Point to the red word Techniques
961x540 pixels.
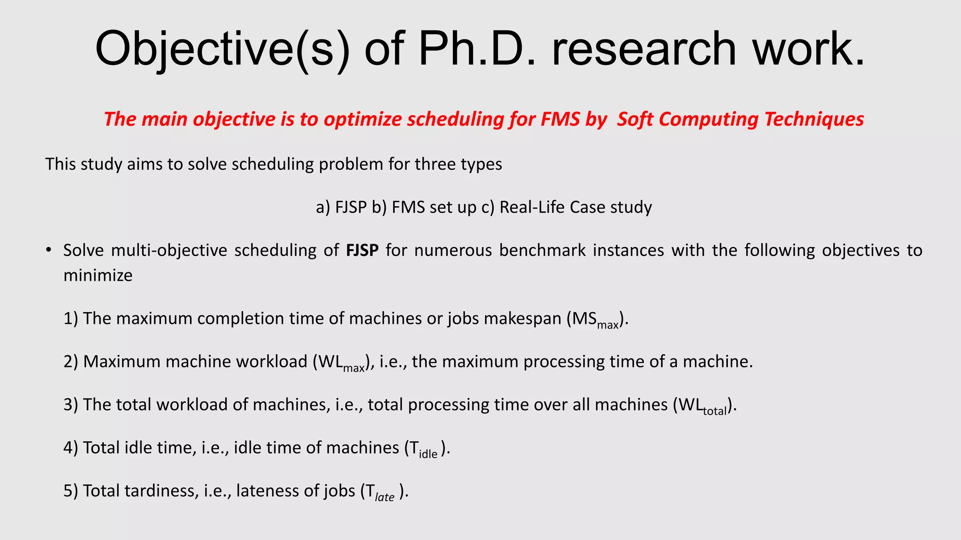coord(814,119)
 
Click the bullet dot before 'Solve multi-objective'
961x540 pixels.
coord(48,250)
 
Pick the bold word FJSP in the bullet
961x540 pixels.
coord(362,250)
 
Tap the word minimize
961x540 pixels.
coord(98,275)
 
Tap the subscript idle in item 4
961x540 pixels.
coord(427,454)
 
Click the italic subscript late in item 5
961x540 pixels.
coord(384,497)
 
